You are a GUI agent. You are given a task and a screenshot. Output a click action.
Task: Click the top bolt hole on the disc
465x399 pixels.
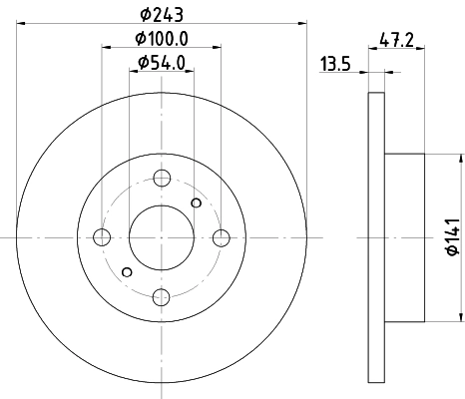pos(162,178)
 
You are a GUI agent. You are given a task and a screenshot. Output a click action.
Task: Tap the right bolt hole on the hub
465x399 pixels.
pos(221,237)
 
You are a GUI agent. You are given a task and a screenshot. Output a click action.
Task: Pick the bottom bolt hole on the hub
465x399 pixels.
pos(162,296)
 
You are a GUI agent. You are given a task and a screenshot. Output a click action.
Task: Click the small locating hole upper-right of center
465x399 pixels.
pos(197,203)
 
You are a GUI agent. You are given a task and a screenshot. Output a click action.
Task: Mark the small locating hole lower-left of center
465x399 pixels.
pos(126,271)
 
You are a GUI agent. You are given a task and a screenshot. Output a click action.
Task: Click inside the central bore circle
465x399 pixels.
pos(162,237)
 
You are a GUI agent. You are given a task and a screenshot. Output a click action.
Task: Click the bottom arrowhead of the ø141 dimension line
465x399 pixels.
pos(462,317)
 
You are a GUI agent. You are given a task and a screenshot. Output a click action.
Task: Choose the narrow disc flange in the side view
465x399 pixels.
pos(376,237)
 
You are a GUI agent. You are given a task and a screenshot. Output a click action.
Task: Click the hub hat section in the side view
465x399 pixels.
pos(407,237)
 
